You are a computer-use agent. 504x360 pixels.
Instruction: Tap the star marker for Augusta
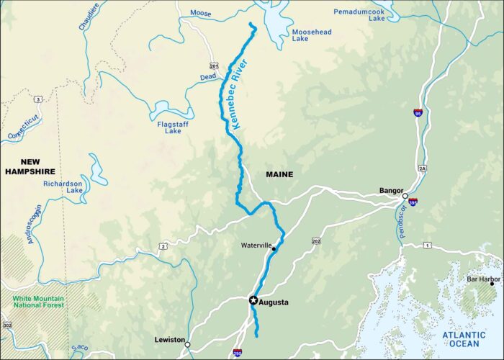[253, 300]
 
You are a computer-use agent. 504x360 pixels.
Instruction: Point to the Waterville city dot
[274, 248]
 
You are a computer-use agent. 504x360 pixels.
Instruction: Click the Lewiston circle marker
[187, 344]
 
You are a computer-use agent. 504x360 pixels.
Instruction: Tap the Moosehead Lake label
[310, 36]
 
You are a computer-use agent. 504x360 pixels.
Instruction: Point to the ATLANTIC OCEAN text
[464, 338]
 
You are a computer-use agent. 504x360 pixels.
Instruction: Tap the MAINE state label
[279, 175]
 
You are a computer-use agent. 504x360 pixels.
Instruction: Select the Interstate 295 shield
[238, 354]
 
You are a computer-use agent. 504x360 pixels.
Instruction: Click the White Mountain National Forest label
[37, 300]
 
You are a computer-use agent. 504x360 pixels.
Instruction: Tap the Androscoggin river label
[33, 223]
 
